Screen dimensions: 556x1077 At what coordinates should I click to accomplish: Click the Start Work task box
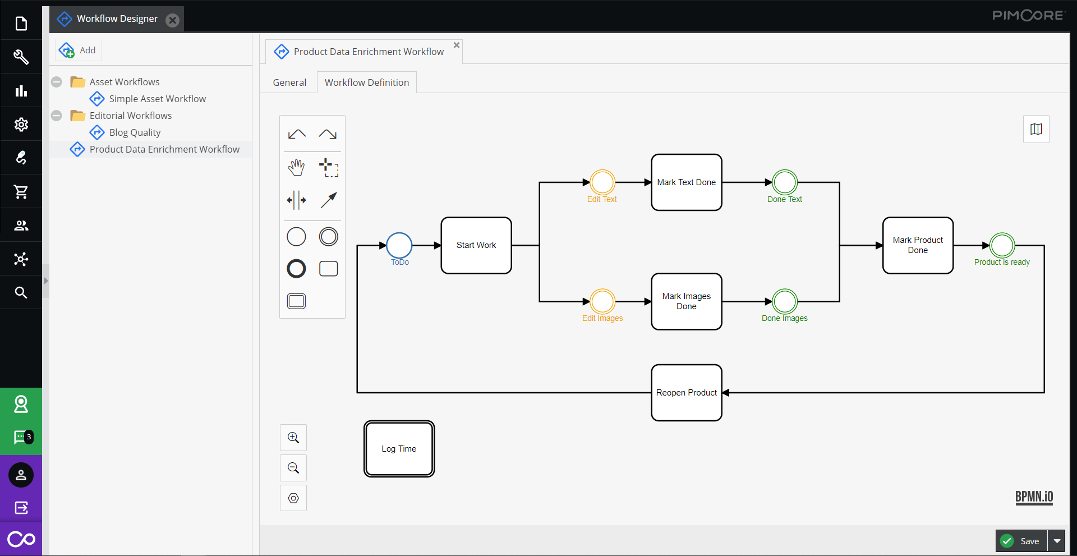pos(476,245)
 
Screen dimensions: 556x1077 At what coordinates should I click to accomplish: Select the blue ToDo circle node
pos(399,245)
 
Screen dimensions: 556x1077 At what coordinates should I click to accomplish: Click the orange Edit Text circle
pos(602,182)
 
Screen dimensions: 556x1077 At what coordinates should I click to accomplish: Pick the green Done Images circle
pos(785,302)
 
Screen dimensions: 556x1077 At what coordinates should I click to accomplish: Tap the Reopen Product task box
pos(686,393)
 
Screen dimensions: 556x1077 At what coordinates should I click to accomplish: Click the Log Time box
pos(399,449)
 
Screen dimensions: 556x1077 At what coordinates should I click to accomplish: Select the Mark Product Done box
pos(918,245)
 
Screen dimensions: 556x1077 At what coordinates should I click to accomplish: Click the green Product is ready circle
pos(1002,245)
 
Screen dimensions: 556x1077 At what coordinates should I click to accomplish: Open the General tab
pos(289,82)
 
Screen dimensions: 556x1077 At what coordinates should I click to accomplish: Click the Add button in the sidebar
pos(79,50)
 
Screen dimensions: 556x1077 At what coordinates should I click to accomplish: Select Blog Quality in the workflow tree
pos(135,132)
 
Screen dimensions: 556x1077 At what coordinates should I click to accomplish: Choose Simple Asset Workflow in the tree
pos(157,99)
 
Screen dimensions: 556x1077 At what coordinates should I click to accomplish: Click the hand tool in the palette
pos(296,167)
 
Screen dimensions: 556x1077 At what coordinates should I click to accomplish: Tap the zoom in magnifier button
pos(293,438)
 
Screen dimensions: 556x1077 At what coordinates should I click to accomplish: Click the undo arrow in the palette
pos(296,134)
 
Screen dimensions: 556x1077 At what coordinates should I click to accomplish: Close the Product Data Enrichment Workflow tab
pos(457,45)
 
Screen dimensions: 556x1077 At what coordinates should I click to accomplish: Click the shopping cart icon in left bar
pos(21,192)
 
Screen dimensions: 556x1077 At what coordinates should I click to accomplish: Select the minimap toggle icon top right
pos(1036,129)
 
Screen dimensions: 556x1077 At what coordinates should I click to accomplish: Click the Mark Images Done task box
pos(686,301)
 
